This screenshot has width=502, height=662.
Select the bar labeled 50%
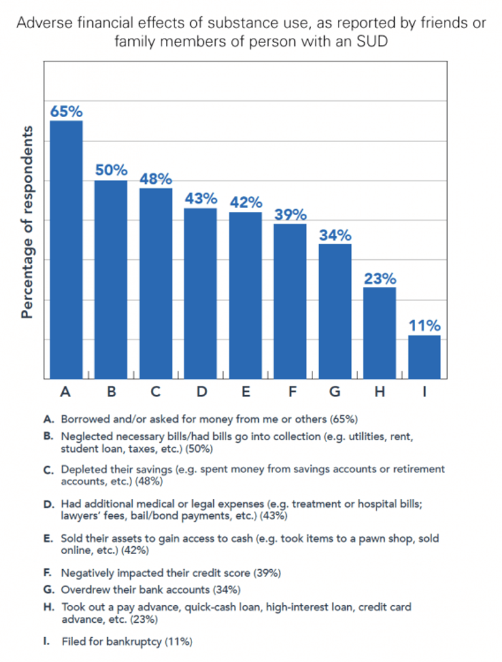111,279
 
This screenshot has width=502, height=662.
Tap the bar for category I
424,357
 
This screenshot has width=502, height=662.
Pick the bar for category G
335,311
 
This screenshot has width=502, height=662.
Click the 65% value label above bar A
66,111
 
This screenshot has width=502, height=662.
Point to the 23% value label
380,278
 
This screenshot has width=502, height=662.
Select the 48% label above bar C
156,179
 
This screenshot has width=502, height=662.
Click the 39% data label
290,215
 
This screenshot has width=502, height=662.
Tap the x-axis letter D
201,392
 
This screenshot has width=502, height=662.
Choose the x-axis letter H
380,392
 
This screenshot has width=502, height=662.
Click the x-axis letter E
245,392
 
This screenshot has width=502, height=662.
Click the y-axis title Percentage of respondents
27,222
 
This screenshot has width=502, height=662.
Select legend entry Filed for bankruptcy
127,642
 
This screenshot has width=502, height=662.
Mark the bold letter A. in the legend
48,418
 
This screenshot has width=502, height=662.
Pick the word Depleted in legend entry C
82,469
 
